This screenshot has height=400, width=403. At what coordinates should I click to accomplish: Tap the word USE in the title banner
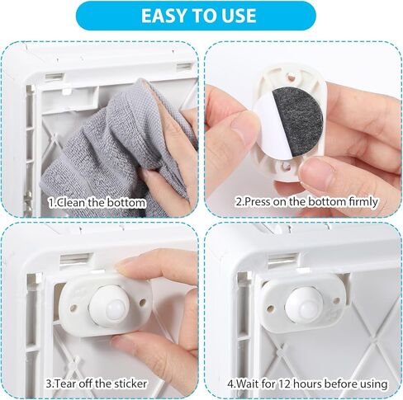(x=239, y=16)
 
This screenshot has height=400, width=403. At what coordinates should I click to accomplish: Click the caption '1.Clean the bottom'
(x=97, y=203)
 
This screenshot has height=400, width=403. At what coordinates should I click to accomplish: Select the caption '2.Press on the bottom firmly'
(x=306, y=202)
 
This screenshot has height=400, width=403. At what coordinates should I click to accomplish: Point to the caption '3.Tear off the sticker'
(x=97, y=384)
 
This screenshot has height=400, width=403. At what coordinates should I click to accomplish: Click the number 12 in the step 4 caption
(x=285, y=384)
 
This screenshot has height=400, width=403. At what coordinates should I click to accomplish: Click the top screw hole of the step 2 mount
(x=292, y=78)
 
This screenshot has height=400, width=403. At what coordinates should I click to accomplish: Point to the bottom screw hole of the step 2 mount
(x=285, y=166)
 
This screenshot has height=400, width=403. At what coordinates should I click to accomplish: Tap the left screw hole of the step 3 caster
(x=73, y=308)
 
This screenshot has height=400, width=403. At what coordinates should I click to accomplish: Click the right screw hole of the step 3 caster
(x=143, y=303)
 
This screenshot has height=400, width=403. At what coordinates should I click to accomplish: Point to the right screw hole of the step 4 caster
(x=336, y=300)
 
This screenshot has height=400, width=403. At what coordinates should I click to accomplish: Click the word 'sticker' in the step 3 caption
(x=130, y=384)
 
